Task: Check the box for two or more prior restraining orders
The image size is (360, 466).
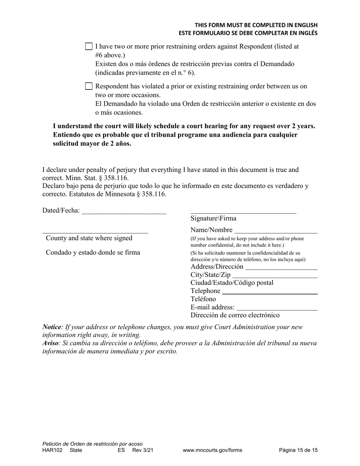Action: point(89,47)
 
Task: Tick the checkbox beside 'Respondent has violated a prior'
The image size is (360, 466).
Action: point(89,86)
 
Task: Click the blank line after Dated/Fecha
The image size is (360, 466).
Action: point(124,212)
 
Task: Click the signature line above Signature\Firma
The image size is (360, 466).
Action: point(243,212)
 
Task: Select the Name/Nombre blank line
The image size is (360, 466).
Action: point(276,231)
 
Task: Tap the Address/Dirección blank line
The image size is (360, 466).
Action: point(281,267)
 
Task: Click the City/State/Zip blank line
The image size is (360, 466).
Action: point(275,276)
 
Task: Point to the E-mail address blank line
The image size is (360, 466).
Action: point(277,308)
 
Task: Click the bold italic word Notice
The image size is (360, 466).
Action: point(52,327)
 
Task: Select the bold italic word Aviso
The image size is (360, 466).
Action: point(50,343)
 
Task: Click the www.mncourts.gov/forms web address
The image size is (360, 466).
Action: point(212,450)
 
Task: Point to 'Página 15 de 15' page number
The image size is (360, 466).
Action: point(298,450)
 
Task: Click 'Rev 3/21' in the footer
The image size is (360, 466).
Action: point(143,450)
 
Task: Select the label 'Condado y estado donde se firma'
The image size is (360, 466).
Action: point(93,253)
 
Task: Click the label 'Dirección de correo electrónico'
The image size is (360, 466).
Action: point(235,315)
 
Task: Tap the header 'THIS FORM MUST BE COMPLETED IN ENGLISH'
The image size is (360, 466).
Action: point(256,25)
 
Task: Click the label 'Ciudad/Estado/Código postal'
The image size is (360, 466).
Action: point(232,283)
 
